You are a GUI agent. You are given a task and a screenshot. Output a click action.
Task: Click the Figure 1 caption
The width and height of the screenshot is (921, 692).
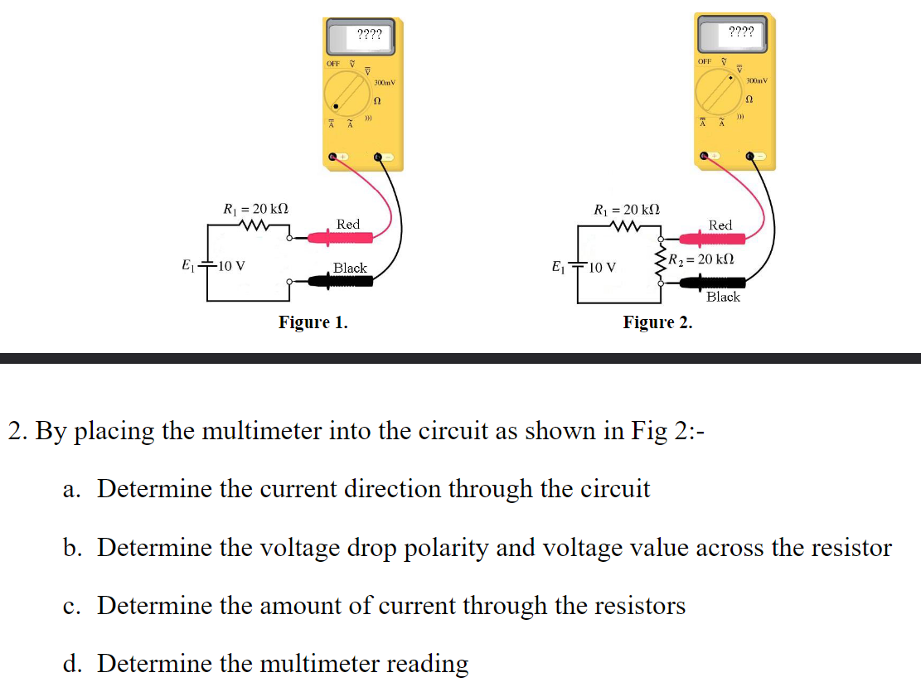[313, 322]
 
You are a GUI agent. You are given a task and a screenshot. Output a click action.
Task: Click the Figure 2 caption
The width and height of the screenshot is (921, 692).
[657, 322]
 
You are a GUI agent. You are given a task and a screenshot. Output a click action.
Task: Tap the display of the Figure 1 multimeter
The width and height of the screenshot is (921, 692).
[368, 36]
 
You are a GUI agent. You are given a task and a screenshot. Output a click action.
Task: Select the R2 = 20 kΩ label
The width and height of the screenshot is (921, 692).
[703, 259]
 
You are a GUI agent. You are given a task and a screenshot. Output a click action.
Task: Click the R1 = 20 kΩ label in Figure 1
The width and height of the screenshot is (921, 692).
[256, 208]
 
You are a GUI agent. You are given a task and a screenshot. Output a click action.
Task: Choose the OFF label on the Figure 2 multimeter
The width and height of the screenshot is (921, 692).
[705, 61]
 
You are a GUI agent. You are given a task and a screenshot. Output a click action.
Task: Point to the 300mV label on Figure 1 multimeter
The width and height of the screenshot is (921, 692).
[385, 83]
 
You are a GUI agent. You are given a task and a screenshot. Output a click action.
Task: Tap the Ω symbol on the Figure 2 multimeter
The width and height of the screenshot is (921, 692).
[749, 100]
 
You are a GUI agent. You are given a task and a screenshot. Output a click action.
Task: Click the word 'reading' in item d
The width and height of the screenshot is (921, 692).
[428, 664]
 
